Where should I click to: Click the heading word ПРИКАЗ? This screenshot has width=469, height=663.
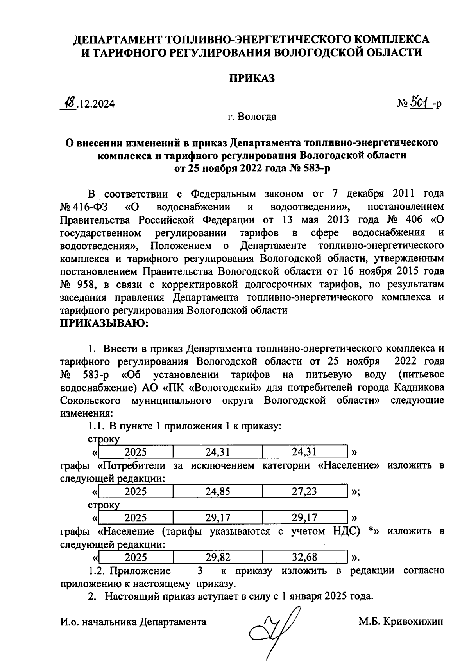coord(252,78)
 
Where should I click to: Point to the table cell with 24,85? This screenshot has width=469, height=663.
coord(218,491)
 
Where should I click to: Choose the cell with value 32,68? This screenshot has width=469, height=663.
coord(305,557)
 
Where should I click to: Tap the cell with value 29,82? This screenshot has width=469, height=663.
coord(218,557)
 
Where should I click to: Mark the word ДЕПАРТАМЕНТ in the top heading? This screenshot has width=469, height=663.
coord(119,39)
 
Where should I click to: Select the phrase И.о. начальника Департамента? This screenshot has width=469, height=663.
coord(133,622)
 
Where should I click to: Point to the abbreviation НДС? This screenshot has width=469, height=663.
coord(344,531)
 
